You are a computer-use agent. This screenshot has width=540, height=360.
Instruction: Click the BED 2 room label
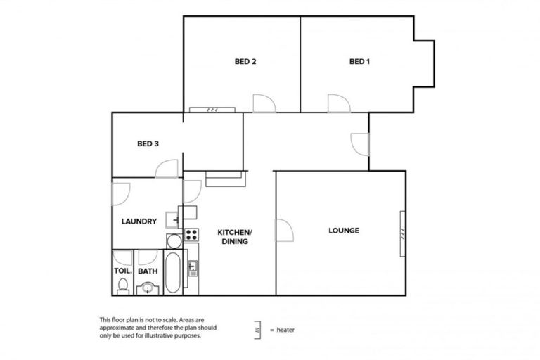pos(245,62)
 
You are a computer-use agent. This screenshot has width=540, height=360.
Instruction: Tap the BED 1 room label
pos(359,62)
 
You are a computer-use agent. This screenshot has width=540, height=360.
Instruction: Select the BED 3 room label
pos(148,144)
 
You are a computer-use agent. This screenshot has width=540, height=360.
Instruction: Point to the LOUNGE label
pos(344,231)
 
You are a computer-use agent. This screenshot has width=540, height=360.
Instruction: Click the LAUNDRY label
pos(139,221)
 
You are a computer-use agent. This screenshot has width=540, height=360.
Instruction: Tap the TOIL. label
pos(122,271)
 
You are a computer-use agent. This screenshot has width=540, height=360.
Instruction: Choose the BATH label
pos(148,271)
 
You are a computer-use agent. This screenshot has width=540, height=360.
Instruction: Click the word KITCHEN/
pos(234,233)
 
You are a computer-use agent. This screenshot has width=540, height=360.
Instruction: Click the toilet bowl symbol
pos(122,285)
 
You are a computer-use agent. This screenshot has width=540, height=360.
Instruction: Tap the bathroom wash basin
pos(148,287)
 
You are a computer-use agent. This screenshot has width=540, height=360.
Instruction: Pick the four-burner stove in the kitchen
pos(191,235)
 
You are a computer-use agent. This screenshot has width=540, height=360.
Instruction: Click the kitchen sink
pos(193,269)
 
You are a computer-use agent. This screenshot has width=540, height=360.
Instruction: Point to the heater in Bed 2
pos(212,110)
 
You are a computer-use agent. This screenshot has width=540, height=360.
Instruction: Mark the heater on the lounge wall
pos(402,231)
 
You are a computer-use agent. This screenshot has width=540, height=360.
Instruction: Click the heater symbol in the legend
pos(258,329)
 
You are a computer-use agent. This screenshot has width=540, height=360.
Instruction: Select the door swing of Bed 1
pos(337,103)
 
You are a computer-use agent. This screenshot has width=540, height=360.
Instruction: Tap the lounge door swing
pos(285,230)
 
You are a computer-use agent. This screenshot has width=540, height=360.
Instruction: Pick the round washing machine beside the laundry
pos(174,241)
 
